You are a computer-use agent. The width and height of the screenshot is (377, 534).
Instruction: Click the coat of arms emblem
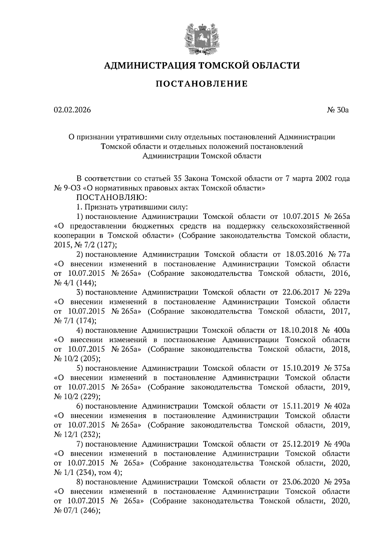pos(201,37)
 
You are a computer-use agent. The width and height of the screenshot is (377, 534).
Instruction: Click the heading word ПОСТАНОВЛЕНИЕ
pos(202,84)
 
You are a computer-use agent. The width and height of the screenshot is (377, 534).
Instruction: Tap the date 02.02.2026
pos(72,110)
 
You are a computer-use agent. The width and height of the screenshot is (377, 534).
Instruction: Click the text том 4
pos(108,473)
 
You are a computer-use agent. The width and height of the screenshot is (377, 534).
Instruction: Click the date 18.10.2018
pos(298,330)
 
